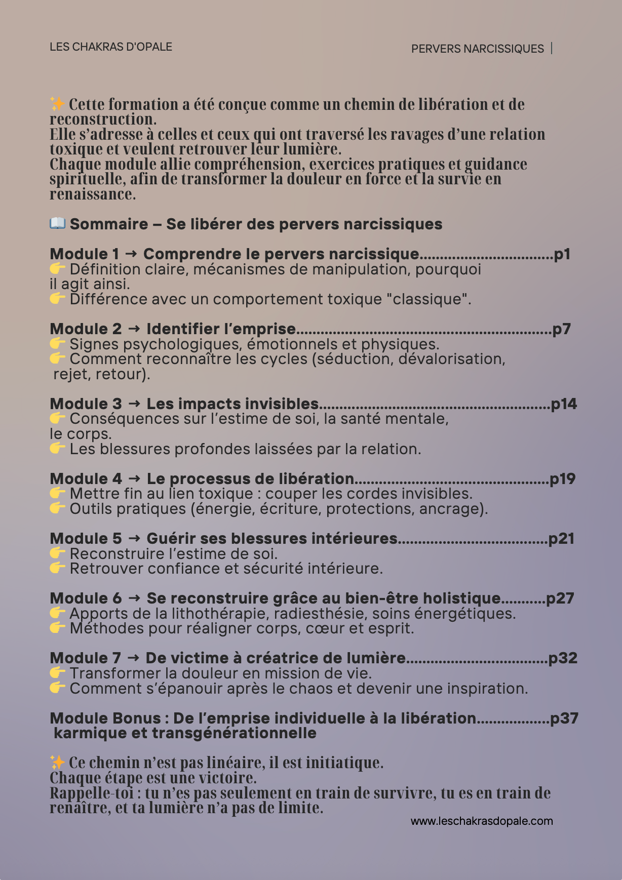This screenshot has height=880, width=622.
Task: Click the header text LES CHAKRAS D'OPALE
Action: (111, 47)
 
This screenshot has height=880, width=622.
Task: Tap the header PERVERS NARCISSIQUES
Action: (477, 49)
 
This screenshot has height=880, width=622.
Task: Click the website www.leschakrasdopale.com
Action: (482, 821)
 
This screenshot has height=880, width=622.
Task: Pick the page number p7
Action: (561, 329)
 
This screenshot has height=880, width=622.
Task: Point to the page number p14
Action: (564, 404)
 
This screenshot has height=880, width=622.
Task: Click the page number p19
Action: (563, 479)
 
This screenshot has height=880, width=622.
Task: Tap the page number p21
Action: (562, 539)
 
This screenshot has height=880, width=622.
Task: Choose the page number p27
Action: (560, 598)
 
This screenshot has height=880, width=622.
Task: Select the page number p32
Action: (563, 658)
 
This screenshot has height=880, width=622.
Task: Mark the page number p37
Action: (564, 718)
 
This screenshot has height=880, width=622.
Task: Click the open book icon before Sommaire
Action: (57, 223)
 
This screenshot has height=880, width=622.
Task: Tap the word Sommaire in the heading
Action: (109, 224)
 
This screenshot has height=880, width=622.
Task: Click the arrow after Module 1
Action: (131, 254)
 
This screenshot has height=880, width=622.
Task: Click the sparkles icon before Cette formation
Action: (57, 104)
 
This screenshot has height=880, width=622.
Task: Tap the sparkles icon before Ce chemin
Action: (57, 762)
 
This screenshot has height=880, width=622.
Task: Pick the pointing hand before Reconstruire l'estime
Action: (57, 553)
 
